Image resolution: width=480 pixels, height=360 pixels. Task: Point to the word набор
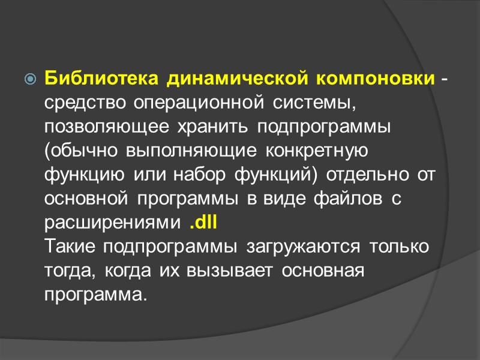212,176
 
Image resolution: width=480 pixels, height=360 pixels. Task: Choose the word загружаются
302,247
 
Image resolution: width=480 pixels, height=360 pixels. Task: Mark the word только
399,247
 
